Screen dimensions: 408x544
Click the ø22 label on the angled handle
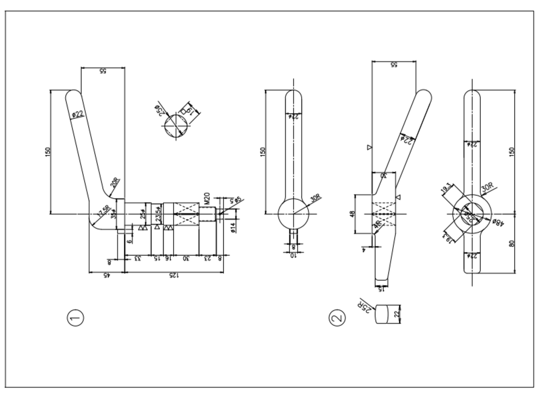(78, 114)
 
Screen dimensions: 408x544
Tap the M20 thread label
(207, 199)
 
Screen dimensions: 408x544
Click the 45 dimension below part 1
(107, 276)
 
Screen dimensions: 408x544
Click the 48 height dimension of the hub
(352, 214)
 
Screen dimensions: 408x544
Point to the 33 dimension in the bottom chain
(138, 259)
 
